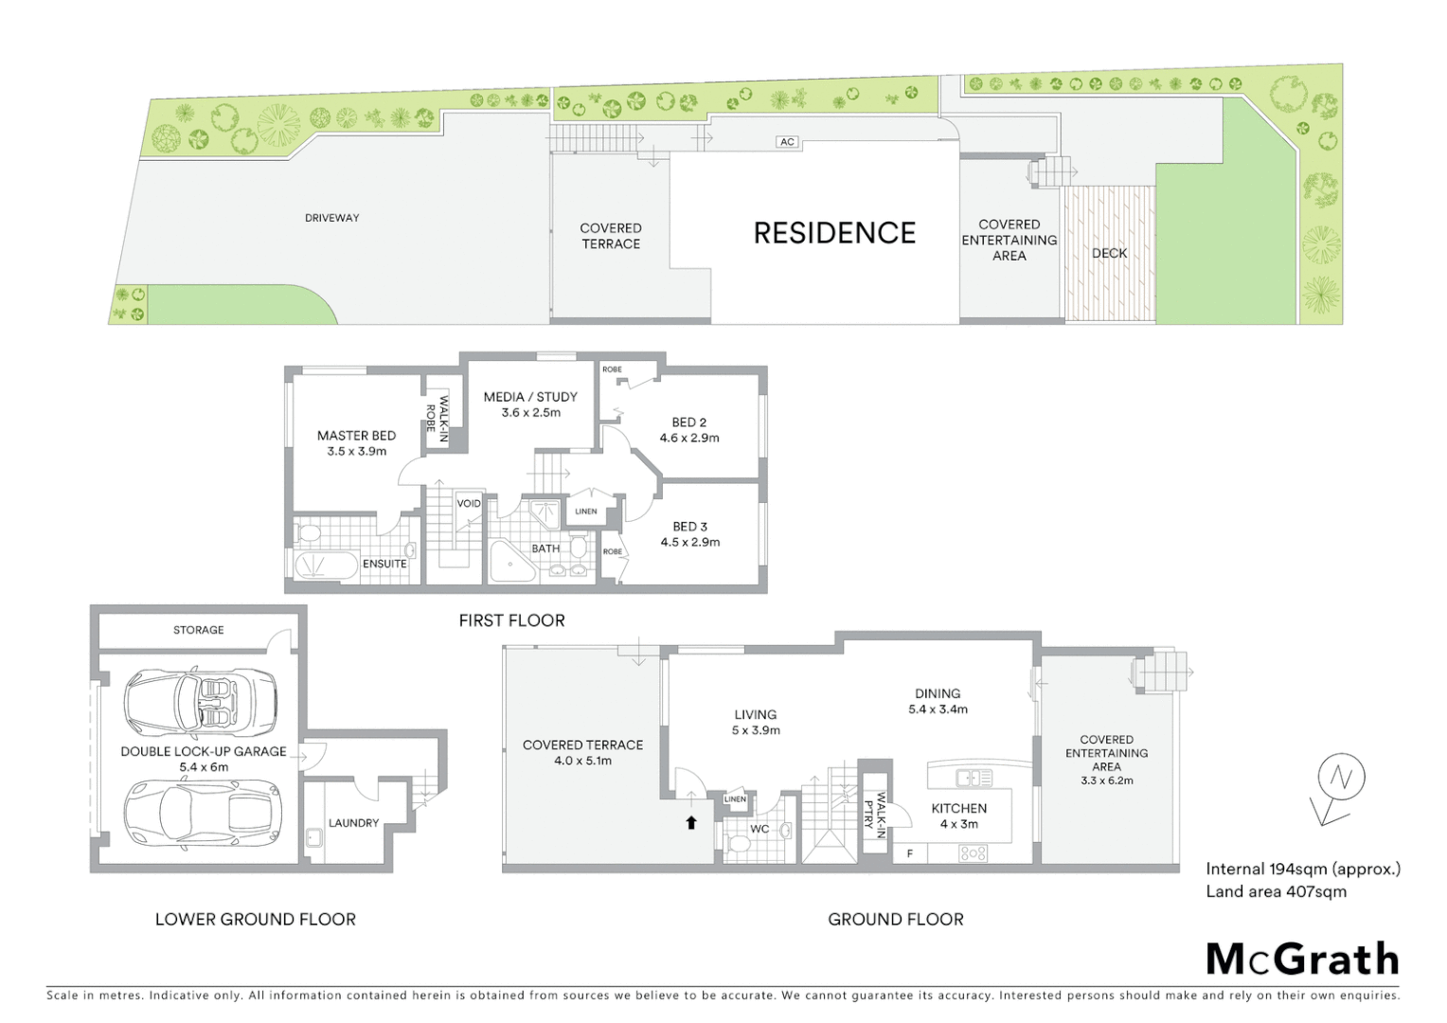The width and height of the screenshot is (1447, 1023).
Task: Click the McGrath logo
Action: pyautogui.click(x=1302, y=960)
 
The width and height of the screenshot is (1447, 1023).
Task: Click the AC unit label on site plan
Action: pyautogui.click(x=787, y=142)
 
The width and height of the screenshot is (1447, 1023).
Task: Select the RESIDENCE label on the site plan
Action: pyautogui.click(x=834, y=233)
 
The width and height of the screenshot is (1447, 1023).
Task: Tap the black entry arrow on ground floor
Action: pyautogui.click(x=691, y=823)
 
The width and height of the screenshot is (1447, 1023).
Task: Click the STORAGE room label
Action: pyautogui.click(x=199, y=630)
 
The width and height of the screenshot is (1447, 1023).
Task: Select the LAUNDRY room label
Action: pyautogui.click(x=353, y=823)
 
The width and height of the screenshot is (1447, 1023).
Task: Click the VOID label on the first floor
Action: pyautogui.click(x=469, y=504)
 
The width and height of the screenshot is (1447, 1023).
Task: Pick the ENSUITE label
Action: pyautogui.click(x=384, y=564)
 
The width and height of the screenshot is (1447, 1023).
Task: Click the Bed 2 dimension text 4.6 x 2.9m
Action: pyautogui.click(x=689, y=439)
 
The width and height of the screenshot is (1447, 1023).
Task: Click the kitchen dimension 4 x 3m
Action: pyautogui.click(x=958, y=825)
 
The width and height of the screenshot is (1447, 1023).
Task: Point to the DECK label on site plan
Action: pyautogui.click(x=1109, y=253)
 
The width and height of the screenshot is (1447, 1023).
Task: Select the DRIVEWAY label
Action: pyautogui.click(x=331, y=218)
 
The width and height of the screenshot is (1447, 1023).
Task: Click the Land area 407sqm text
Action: pyautogui.click(x=1276, y=891)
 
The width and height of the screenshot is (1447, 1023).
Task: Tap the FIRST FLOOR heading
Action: pyautogui.click(x=511, y=620)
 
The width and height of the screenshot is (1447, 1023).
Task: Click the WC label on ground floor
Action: pyautogui.click(x=759, y=829)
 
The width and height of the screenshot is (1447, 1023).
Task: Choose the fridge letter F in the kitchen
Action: pyautogui.click(x=910, y=853)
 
